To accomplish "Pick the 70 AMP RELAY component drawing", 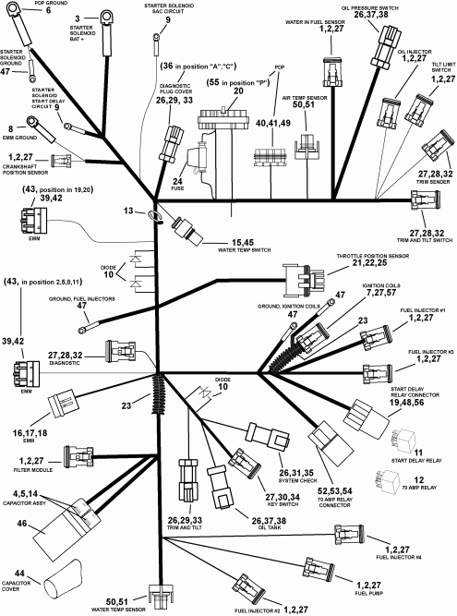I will pyautogui.click(x=387, y=481).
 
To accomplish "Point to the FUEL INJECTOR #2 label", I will pyautogui.click(x=256, y=610).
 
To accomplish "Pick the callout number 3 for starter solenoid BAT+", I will pyautogui.click(x=77, y=17).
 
